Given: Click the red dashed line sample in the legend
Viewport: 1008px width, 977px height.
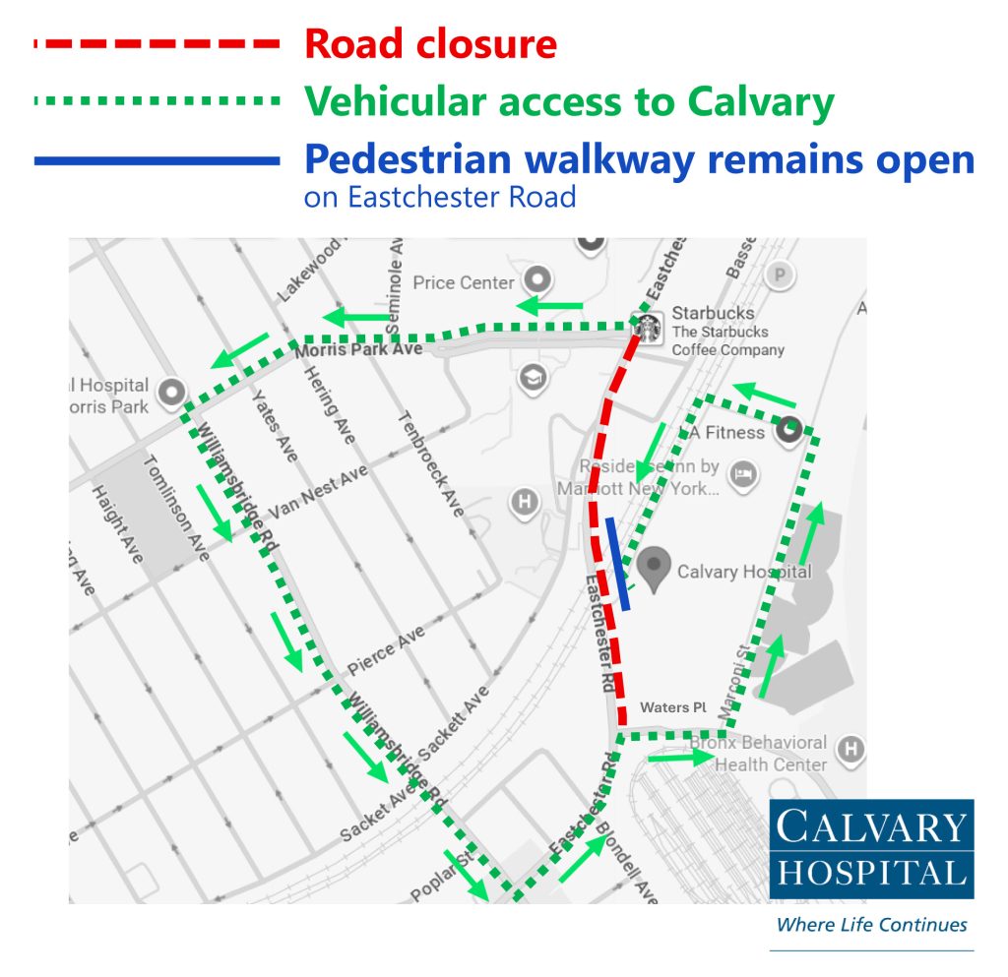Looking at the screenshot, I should (157, 44).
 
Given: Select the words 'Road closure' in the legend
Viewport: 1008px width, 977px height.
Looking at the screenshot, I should (430, 44).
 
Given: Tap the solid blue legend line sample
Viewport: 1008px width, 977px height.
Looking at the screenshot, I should (157, 160).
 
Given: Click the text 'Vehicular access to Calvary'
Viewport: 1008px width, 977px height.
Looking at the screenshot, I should (569, 101).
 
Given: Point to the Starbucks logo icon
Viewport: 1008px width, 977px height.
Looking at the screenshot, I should (648, 328).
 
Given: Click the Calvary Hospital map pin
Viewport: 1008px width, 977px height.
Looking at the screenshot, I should (654, 568).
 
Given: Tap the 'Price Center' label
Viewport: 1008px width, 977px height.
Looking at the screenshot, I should (463, 282).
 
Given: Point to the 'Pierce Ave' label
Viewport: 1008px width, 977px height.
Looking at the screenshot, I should (385, 648).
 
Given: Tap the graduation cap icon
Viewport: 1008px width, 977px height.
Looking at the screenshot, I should (533, 378).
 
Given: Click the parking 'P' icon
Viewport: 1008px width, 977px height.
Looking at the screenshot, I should (780, 275).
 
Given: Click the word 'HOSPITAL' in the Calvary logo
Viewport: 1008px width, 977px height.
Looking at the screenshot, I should (871, 872).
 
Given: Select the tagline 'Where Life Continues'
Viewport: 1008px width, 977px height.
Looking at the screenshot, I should (871, 924).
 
